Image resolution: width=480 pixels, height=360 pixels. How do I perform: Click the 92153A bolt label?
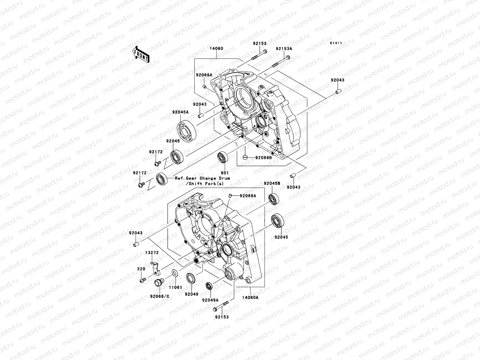tap(284, 49)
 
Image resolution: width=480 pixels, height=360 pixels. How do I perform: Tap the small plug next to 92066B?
tap(245, 157)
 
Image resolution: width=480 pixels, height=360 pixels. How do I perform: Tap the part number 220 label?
tap(141, 269)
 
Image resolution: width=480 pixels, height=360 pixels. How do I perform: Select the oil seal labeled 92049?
tap(191, 278)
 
